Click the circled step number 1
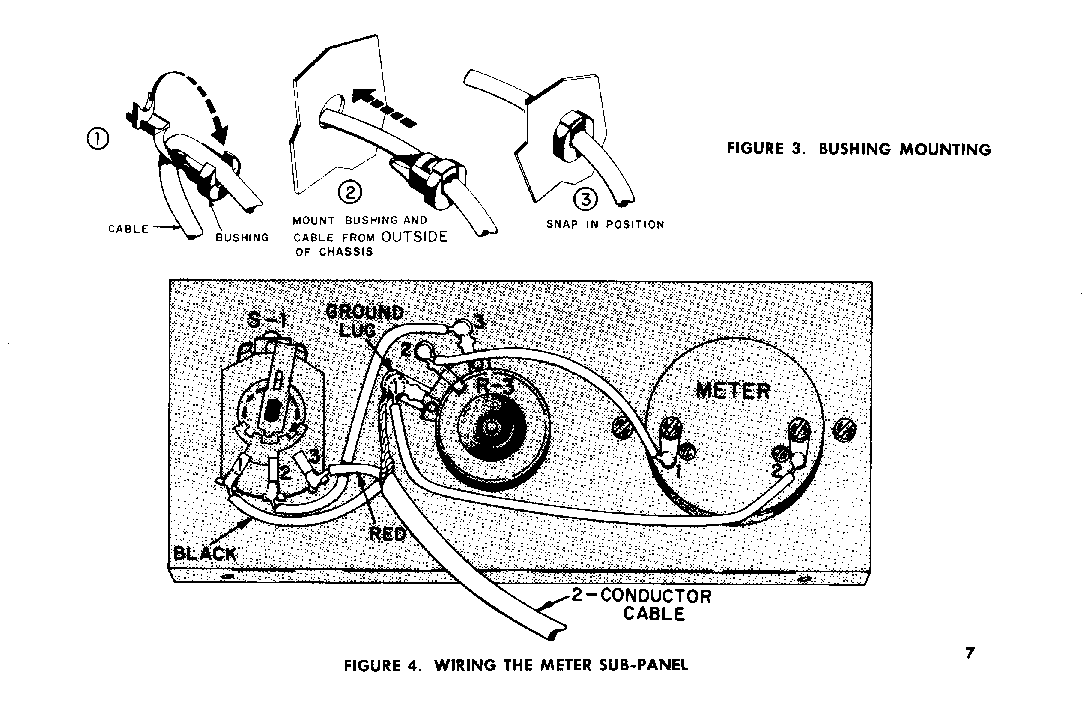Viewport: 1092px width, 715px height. pyautogui.click(x=98, y=140)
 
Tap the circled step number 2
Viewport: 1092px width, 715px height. pyautogui.click(x=350, y=193)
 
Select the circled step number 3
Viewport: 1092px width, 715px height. pyautogui.click(x=586, y=200)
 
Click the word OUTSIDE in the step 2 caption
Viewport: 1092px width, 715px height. pyautogui.click(x=415, y=237)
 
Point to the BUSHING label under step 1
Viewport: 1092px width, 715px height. pyautogui.click(x=242, y=238)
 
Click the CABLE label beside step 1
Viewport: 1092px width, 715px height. pyautogui.click(x=128, y=229)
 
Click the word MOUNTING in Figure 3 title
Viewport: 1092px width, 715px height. pyautogui.click(x=945, y=149)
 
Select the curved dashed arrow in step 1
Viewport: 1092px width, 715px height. pyautogui.click(x=202, y=98)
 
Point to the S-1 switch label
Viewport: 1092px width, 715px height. pyautogui.click(x=267, y=320)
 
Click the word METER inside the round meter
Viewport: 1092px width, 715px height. pyautogui.click(x=733, y=391)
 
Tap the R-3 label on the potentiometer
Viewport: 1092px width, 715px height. pyautogui.click(x=495, y=386)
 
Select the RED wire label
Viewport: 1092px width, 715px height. pyautogui.click(x=388, y=534)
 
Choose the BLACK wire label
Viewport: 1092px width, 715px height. pyautogui.click(x=205, y=554)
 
